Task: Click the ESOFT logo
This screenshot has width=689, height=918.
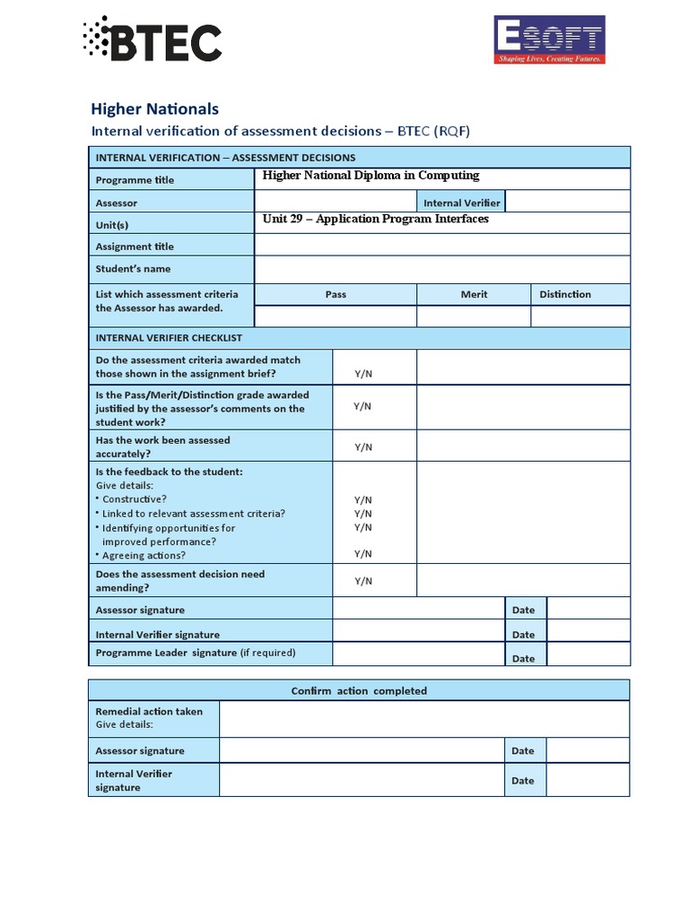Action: (x=549, y=40)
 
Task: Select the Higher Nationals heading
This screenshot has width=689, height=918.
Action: (x=154, y=108)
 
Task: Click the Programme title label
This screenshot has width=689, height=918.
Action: (x=135, y=179)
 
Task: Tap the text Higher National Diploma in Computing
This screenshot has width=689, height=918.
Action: (x=371, y=176)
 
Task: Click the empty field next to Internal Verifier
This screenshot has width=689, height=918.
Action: (x=568, y=202)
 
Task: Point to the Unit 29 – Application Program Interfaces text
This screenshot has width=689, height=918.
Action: (x=375, y=219)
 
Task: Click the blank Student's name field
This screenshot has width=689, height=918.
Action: (x=442, y=268)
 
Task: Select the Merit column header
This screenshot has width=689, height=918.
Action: (x=474, y=294)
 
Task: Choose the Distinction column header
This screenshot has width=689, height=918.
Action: (x=565, y=294)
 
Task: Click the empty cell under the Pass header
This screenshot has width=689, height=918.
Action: (x=336, y=316)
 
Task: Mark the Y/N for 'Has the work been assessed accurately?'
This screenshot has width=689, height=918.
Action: (x=362, y=447)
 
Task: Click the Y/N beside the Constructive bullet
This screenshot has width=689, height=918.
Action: (x=362, y=500)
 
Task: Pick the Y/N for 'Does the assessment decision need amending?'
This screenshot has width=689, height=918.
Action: (x=362, y=581)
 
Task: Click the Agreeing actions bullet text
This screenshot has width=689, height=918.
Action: (x=144, y=556)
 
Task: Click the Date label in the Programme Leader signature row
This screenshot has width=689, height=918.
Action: (x=523, y=658)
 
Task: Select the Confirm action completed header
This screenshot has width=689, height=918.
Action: (x=359, y=690)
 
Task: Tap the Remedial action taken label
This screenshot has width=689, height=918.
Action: (x=149, y=711)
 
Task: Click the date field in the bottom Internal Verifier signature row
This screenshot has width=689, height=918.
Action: (x=588, y=780)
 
